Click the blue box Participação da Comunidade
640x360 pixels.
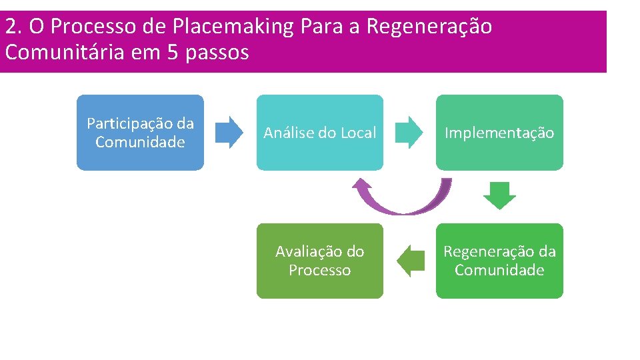140,132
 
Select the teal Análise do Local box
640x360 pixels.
320,132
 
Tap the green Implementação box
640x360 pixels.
499,132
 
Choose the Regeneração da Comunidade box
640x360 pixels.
499,261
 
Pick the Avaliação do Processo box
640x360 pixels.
320,261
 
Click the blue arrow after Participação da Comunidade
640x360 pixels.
230,132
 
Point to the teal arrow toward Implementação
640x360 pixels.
409,132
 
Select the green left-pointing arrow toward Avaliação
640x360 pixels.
411,261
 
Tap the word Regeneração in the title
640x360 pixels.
429,27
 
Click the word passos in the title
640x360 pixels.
218,52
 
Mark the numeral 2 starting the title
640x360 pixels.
10,27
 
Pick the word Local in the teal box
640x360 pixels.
359,133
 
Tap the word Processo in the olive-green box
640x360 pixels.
320,270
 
